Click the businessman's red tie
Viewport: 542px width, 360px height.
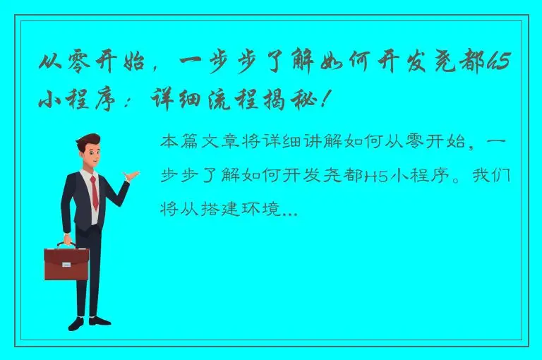tap(94, 192)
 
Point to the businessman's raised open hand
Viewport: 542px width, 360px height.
tap(130, 174)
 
